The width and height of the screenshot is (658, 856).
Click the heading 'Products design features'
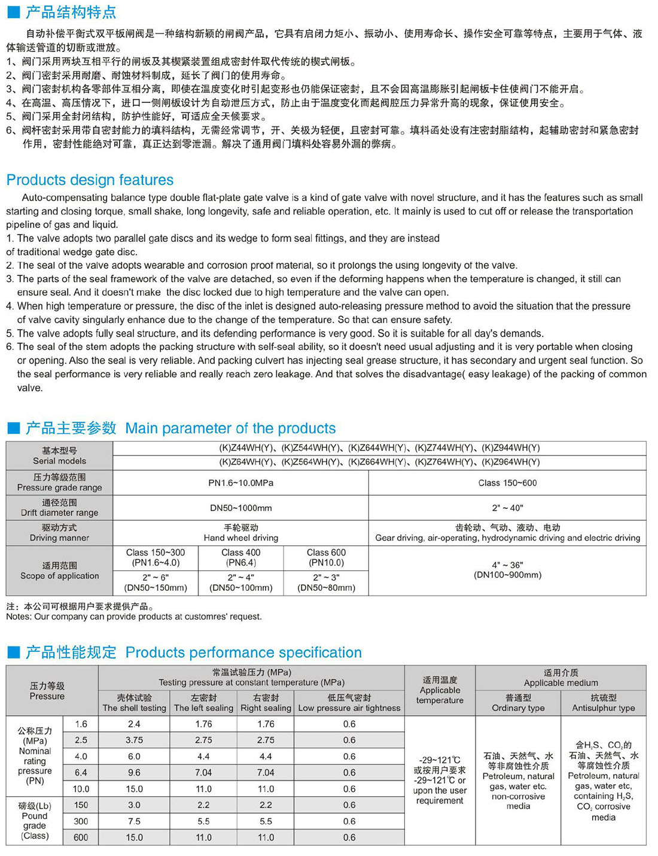[x=90, y=180]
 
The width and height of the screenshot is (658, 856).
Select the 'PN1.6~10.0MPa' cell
[x=240, y=482]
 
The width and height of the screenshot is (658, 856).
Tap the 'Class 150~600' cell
[x=507, y=482]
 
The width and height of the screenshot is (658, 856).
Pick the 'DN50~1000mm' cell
[x=240, y=508]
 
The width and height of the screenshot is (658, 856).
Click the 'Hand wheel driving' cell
[x=240, y=533]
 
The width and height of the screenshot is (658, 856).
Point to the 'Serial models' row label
[x=59, y=456]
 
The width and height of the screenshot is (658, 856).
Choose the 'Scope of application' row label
[x=59, y=570]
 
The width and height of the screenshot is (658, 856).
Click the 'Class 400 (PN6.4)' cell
[x=240, y=557]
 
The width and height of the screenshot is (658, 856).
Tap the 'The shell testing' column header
[x=134, y=703]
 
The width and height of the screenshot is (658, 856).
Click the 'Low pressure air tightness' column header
[x=349, y=703]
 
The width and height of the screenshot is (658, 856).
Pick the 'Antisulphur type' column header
[x=603, y=703]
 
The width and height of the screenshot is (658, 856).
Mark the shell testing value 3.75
[x=134, y=740]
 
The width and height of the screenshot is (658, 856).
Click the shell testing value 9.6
[x=134, y=773]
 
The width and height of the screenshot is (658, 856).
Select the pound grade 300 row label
[x=81, y=821]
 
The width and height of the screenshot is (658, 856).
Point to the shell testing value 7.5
[x=134, y=821]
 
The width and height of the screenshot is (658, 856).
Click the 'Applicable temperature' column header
[x=440, y=690]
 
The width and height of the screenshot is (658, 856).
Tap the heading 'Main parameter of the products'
[x=230, y=429]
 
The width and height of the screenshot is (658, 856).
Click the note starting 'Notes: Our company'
[x=134, y=617]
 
